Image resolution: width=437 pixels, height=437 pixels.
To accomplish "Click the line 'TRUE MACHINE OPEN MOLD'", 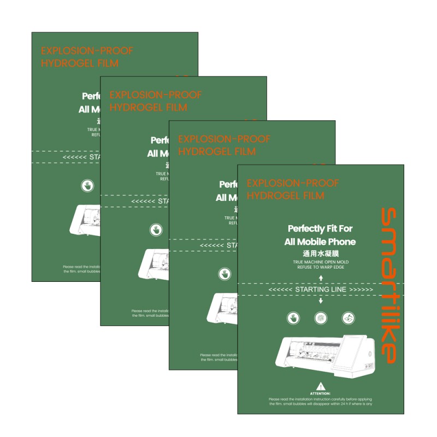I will [x=320, y=262].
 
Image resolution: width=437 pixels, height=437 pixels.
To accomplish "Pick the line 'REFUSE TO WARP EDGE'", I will [x=320, y=268].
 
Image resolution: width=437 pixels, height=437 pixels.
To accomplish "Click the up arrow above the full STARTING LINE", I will [x=320, y=278].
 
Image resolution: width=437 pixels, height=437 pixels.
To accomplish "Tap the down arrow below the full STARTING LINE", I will [x=320, y=300].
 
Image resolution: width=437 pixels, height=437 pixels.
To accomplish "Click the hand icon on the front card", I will [x=293, y=318].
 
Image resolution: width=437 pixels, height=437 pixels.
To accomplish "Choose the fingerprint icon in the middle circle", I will [x=320, y=318].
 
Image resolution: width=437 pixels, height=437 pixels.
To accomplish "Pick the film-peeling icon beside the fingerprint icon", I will [x=347, y=318].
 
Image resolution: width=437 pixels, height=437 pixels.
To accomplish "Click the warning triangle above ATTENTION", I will [x=320, y=386].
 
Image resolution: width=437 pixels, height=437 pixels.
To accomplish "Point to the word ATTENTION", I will [x=320, y=393].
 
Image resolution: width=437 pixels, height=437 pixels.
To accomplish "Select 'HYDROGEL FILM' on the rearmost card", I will [x=80, y=63].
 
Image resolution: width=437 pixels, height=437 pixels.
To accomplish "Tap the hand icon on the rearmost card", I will [x=87, y=185].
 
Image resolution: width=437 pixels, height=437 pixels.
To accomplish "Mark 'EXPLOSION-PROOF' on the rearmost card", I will [x=87, y=51].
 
